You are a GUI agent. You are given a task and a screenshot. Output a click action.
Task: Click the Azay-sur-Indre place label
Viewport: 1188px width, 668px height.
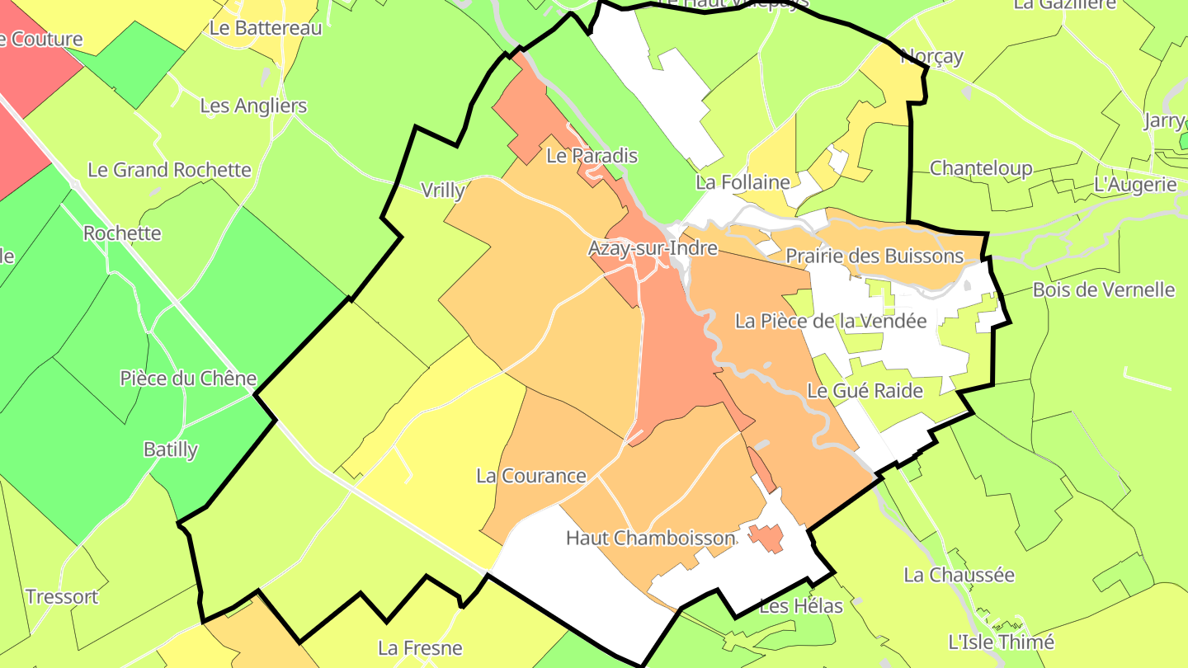[653, 247]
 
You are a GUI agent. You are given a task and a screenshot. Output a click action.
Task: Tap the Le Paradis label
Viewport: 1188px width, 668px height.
[592, 155]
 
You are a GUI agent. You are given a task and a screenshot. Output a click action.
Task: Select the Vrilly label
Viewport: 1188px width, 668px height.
[442, 191]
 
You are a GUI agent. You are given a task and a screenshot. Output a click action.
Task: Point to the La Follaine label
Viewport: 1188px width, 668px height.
[742, 182]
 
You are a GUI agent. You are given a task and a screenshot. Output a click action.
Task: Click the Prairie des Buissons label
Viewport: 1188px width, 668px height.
[874, 256]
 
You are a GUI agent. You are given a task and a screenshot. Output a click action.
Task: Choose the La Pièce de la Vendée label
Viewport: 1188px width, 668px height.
[831, 321]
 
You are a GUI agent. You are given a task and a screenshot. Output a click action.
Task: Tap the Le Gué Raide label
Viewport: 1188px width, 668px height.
[865, 390]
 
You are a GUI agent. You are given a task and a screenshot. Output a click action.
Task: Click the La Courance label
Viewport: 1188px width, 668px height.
[531, 476]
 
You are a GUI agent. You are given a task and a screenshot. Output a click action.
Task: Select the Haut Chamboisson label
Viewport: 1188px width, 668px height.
[650, 539]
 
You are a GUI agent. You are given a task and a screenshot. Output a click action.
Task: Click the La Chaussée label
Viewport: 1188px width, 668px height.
[959, 575]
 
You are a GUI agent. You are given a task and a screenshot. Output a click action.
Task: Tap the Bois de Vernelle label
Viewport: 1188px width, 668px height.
[1104, 289]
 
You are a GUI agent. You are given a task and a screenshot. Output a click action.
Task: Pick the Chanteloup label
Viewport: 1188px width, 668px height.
[981, 168]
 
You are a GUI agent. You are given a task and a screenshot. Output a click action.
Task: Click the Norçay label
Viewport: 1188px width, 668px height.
[931, 56]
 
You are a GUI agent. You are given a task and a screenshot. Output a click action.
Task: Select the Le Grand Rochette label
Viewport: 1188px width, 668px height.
[169, 170]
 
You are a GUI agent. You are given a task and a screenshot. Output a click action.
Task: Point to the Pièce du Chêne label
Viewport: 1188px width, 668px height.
[188, 379]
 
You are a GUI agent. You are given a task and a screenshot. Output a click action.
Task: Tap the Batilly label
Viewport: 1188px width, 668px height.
[171, 449]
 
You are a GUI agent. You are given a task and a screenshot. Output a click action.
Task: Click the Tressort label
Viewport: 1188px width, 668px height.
[62, 596]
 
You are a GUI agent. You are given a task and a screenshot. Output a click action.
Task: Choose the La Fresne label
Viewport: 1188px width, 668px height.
[420, 647]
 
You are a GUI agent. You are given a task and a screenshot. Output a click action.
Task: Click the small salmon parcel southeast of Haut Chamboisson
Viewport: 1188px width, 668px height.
[767, 537]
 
